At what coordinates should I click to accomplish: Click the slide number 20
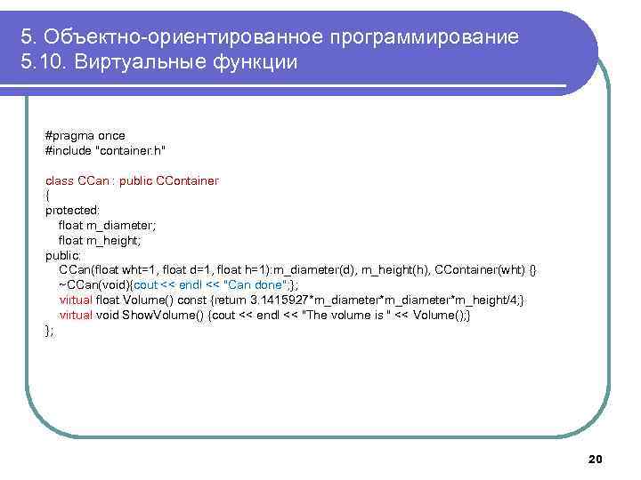click(x=596, y=458)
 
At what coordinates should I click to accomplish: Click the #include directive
click(x=68, y=150)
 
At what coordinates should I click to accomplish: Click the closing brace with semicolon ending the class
click(x=49, y=330)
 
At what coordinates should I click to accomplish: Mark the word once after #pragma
click(x=111, y=135)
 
